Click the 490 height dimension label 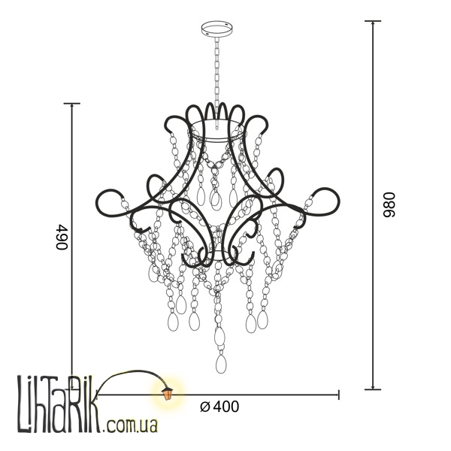coord(62,238)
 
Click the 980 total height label coord(389,204)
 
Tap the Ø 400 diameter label coord(219,407)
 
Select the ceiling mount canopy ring coord(217,29)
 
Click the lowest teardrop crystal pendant coord(221,364)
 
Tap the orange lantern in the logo coord(167,393)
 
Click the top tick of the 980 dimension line coord(373,21)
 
